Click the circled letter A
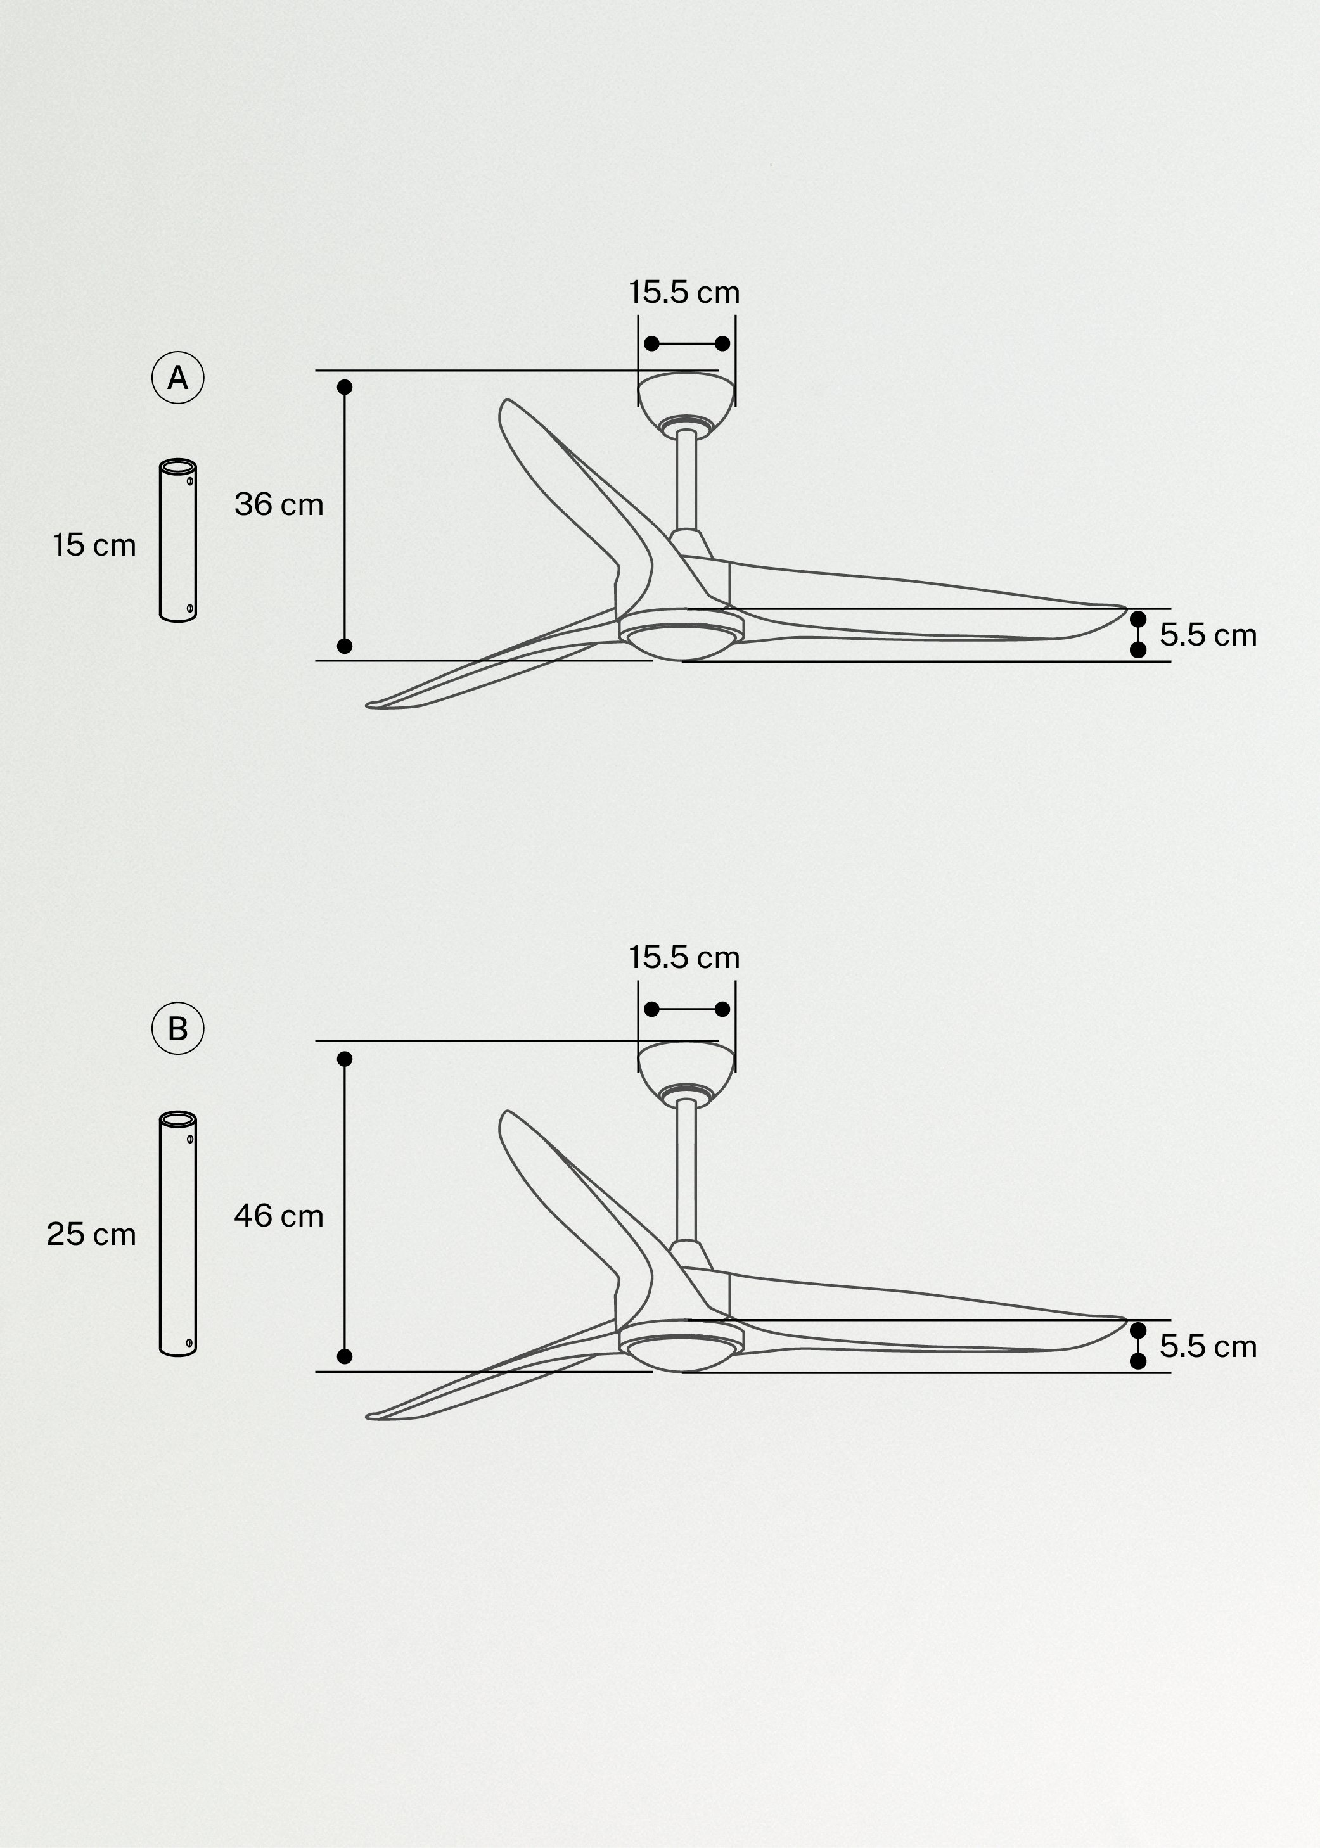[177, 378]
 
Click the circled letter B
[177, 1029]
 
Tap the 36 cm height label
[279, 505]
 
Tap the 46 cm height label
[279, 1216]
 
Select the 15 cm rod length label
[94, 545]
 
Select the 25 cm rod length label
[91, 1235]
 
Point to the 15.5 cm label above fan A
[684, 293]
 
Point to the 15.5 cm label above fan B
[684, 958]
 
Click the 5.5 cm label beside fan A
[1208, 635]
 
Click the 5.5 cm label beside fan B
[1208, 1347]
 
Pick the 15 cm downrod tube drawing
[178, 540]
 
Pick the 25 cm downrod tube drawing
[178, 1233]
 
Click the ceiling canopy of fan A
[686, 397]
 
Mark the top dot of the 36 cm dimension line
[345, 387]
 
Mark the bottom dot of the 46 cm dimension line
[345, 1356]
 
